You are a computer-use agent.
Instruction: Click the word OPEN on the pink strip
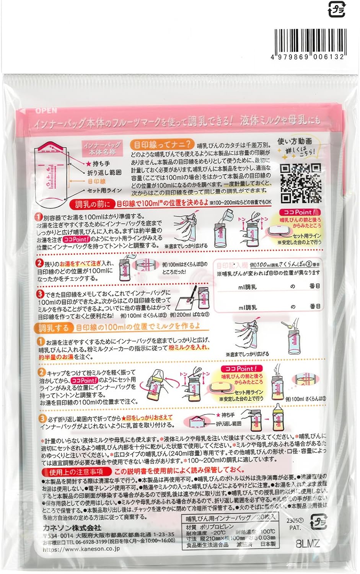(46, 111)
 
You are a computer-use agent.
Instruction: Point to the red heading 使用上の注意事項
(76, 472)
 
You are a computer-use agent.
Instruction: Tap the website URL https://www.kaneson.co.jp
(81, 549)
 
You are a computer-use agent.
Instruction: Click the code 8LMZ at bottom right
(308, 544)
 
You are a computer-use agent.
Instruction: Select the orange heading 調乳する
(54, 328)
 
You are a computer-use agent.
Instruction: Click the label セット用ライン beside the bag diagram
(104, 190)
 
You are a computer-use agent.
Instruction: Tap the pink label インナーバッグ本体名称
(103, 148)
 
